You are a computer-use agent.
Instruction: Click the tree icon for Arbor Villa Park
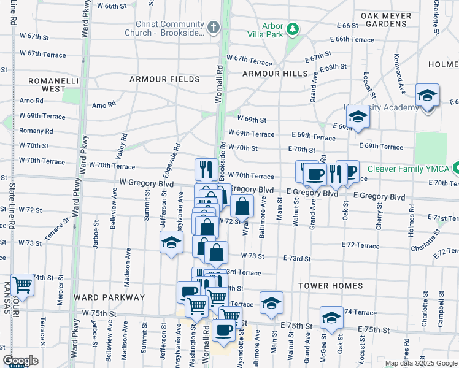click(x=293, y=28)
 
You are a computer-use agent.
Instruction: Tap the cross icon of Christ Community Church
click(x=213, y=27)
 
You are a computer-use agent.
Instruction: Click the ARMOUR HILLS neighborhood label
click(x=274, y=74)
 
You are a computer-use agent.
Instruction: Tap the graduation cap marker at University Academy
click(x=358, y=116)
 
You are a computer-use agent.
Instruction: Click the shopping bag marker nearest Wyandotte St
click(x=242, y=206)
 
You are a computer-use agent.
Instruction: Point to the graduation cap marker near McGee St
click(x=331, y=317)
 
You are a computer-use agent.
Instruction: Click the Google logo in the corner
click(x=20, y=361)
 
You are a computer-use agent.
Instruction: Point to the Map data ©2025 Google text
click(x=420, y=363)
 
